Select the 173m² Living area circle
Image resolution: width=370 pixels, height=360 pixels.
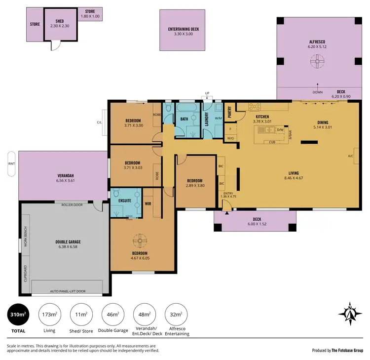click(49, 315)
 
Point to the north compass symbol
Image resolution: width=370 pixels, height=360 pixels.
click(349, 313)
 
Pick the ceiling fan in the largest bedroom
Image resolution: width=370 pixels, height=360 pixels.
click(140, 240)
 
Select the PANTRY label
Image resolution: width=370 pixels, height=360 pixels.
click(229, 113)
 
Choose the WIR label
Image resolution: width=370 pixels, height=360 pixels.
click(148, 203)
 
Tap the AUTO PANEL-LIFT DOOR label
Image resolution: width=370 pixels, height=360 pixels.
click(68, 291)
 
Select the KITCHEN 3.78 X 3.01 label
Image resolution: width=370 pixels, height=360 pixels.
click(262, 119)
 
